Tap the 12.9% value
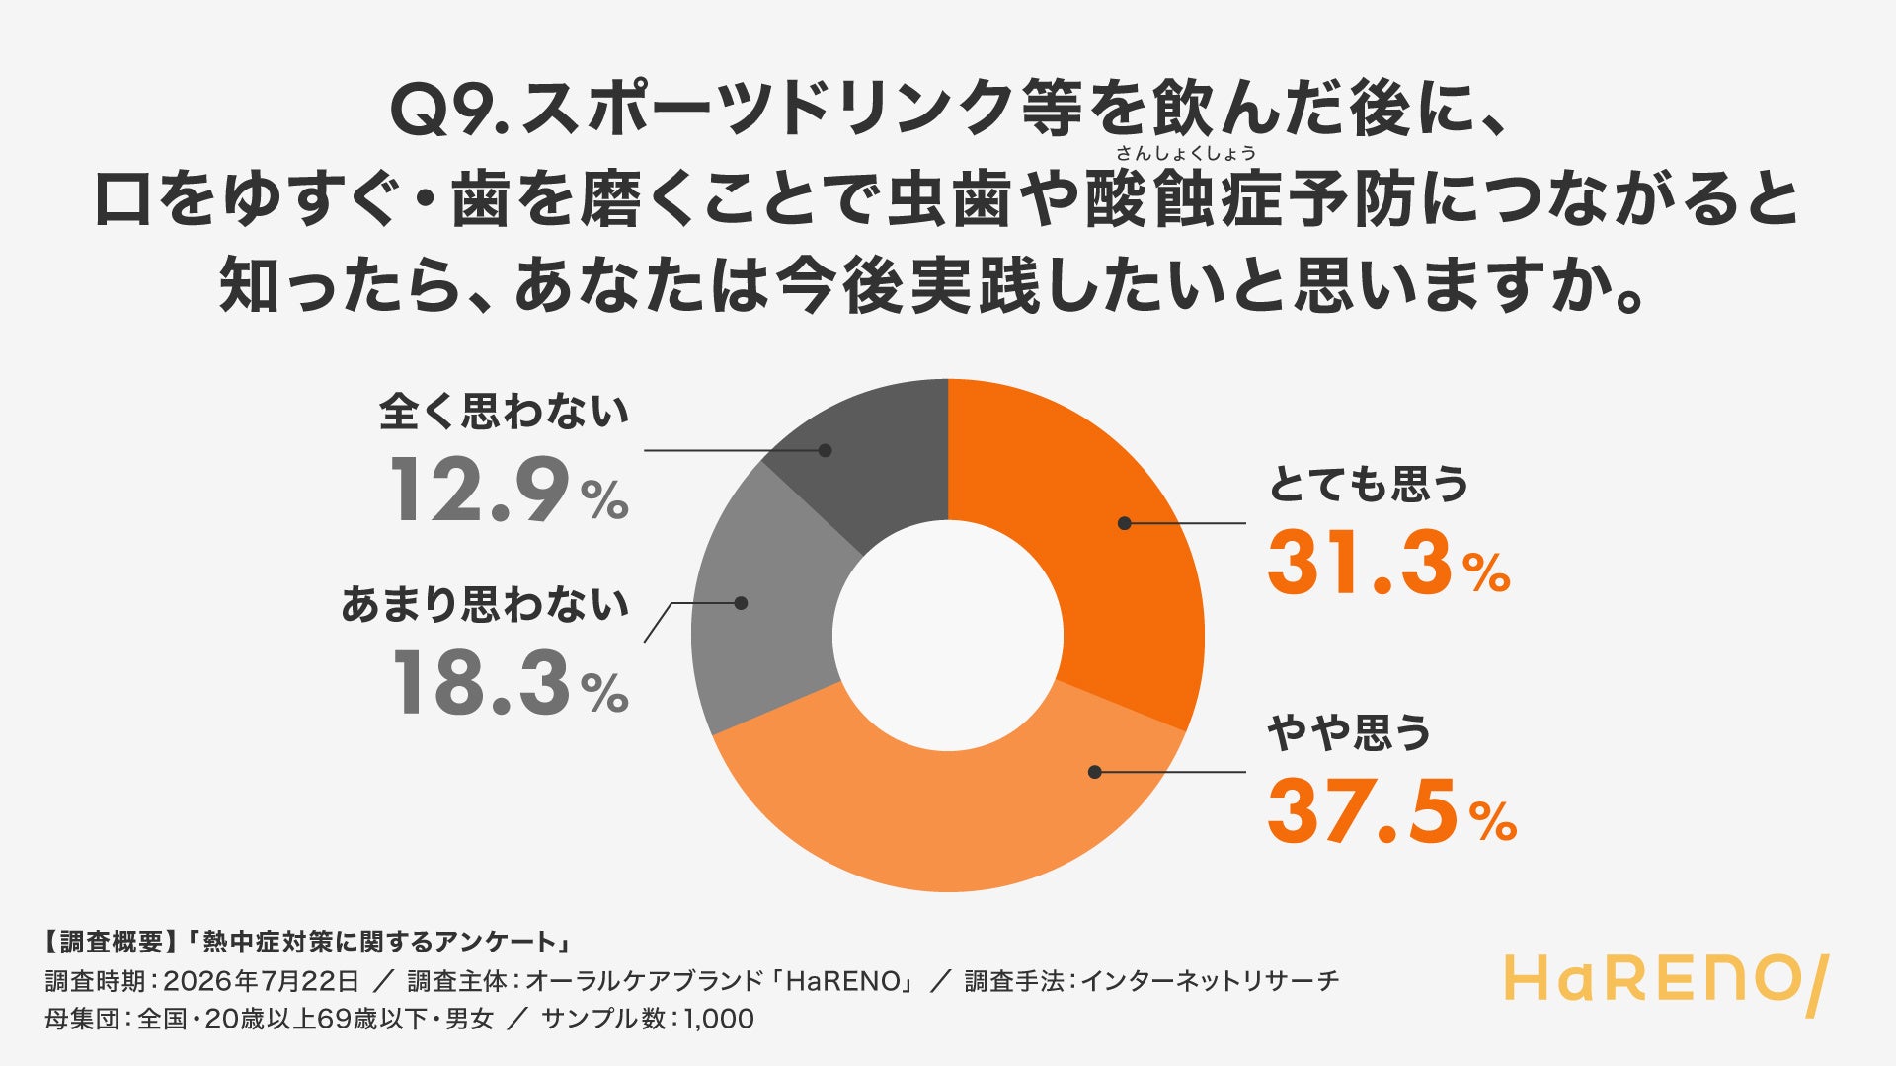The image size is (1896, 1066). (x=509, y=490)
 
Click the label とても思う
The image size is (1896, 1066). (x=1369, y=484)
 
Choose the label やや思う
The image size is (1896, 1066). (x=1349, y=732)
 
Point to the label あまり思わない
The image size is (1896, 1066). (x=485, y=604)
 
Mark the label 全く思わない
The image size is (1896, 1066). (x=504, y=412)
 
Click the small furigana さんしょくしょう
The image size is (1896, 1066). (x=1186, y=153)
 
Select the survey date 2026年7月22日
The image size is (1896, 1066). (x=261, y=981)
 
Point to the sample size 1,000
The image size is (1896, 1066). (x=718, y=1019)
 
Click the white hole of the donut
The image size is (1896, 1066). (x=948, y=636)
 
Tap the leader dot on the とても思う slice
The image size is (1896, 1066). (x=1124, y=523)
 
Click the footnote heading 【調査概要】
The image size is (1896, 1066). (x=105, y=943)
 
